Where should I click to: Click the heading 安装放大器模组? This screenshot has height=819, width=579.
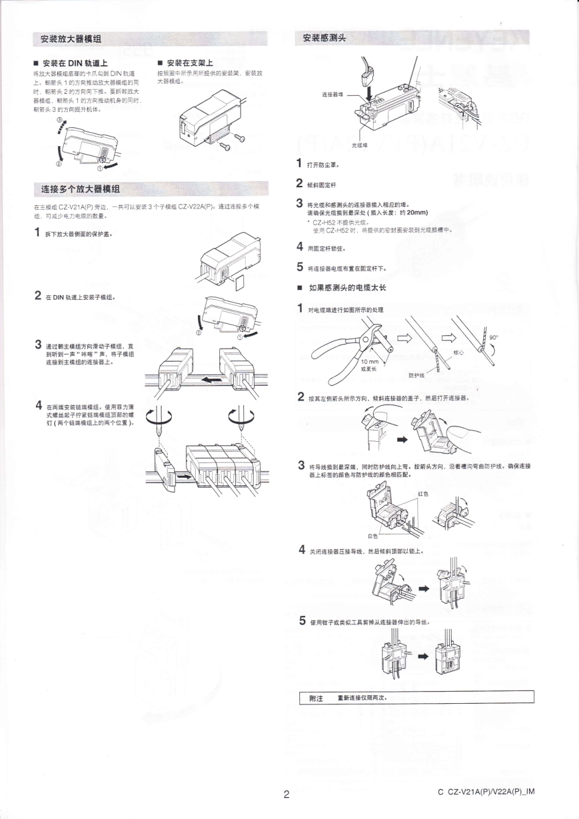(x=71, y=39)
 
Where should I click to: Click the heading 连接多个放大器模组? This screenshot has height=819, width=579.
(x=80, y=189)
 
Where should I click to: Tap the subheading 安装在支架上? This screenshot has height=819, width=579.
(x=190, y=63)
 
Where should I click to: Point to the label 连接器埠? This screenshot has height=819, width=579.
(x=332, y=94)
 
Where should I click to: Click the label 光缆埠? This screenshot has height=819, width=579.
(x=360, y=145)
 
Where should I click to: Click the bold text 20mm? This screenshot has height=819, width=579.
(x=417, y=213)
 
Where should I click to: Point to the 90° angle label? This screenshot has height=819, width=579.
(x=494, y=336)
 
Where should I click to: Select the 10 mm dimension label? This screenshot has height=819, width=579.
(x=369, y=361)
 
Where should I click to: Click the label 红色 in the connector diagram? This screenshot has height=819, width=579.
(x=423, y=494)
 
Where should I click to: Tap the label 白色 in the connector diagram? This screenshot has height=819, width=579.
(x=372, y=536)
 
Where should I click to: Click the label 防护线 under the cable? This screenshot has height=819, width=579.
(x=416, y=375)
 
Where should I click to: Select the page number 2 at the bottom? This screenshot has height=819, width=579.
(x=286, y=793)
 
